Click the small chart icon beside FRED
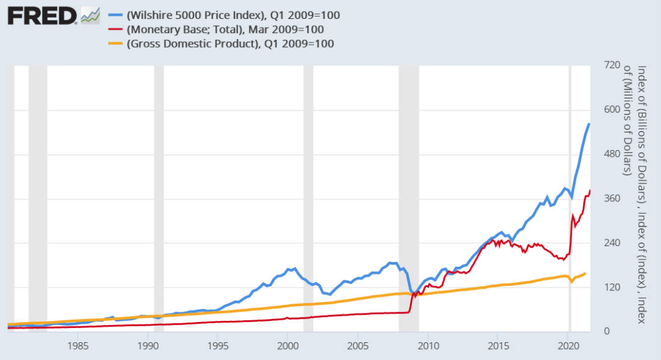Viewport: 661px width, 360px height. coord(90,15)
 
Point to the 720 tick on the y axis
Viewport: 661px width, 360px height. coord(613,66)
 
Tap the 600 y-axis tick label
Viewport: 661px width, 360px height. coord(613,110)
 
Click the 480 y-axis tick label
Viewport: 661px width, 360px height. coord(613,154)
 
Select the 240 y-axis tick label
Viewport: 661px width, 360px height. coord(613,243)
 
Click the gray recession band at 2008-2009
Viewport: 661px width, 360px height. coord(409,184)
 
